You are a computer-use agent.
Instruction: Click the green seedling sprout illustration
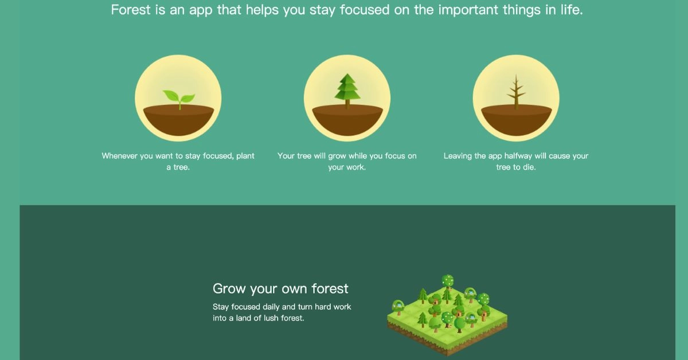(178, 98)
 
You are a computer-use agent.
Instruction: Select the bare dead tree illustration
(516, 92)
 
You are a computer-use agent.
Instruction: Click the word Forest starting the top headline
(131, 10)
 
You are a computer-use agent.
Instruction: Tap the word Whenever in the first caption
(119, 156)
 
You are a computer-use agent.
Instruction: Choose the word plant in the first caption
(245, 156)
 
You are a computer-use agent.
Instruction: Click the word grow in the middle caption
(337, 156)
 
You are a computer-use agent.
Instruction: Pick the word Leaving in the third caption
(458, 156)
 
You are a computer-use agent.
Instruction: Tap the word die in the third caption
(528, 168)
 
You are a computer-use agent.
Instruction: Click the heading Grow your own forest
(280, 288)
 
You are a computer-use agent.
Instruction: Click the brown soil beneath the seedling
(178, 120)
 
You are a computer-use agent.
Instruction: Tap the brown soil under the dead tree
(516, 120)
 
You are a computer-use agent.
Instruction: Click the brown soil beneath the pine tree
(347, 120)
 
